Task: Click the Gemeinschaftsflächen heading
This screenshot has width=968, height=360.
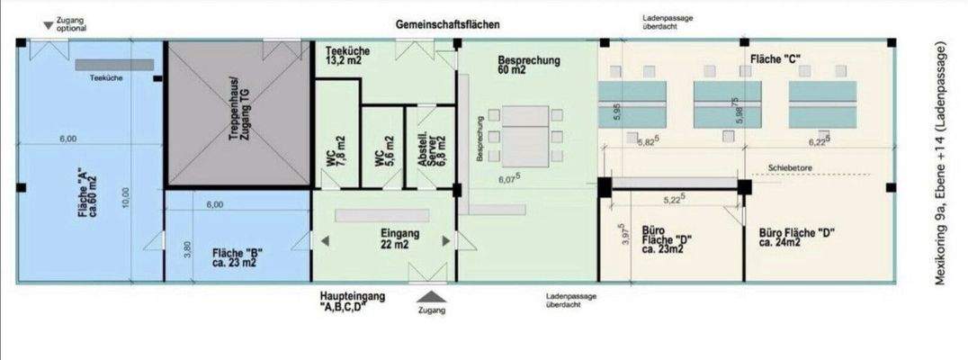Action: [x=447, y=24]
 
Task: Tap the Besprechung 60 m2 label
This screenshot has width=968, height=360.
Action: [x=528, y=65]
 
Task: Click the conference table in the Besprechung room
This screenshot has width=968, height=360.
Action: [x=525, y=135]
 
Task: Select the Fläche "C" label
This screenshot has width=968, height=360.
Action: [x=775, y=58]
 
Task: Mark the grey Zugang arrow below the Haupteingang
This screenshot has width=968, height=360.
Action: [x=431, y=295]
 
